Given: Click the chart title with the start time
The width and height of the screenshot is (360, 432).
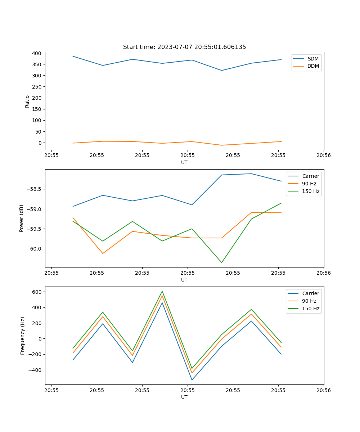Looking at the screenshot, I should point(184,47).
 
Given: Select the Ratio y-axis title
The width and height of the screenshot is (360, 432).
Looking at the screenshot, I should point(27,101).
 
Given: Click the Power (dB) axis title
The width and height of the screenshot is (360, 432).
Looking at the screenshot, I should point(22,218).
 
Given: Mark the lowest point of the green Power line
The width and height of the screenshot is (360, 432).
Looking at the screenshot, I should point(221,262).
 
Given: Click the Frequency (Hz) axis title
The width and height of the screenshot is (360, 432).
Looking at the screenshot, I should point(23,336).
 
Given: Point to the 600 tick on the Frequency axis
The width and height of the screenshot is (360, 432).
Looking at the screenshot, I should point(37,292).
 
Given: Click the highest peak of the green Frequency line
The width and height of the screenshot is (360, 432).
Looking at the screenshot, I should point(162,291).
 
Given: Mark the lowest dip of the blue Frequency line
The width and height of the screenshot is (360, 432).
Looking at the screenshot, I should point(192,380).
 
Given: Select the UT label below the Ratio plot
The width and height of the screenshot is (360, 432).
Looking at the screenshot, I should point(184,162).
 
